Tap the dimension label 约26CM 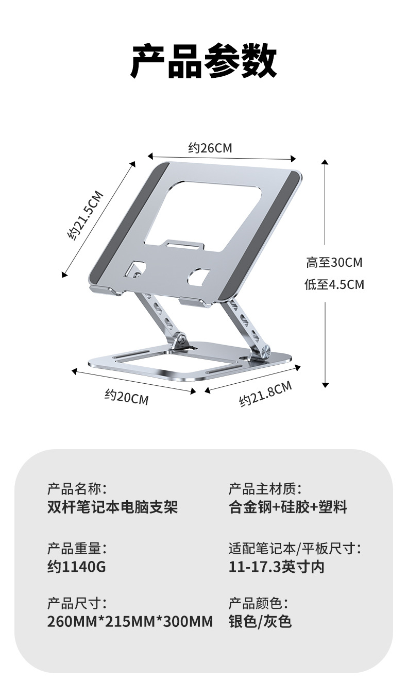(210, 148)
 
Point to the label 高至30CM (334, 263)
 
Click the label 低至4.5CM (334, 284)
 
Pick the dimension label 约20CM (126, 397)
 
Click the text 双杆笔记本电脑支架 (112, 507)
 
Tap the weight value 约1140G (77, 567)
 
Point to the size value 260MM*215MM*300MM (130, 622)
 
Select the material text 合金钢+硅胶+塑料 (288, 507)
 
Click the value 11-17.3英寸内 (277, 567)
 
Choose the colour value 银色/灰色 (260, 622)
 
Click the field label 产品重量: (77, 549)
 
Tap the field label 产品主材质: (265, 488)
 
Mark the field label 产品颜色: (259, 603)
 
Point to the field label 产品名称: (77, 488)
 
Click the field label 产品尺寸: (77, 603)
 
